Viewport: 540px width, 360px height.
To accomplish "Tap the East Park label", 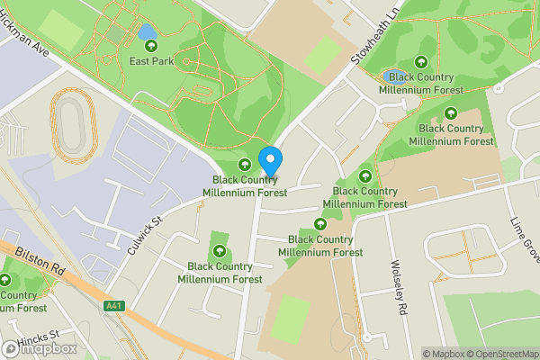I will click(x=149, y=61).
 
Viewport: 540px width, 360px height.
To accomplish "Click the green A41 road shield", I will click(x=112, y=306).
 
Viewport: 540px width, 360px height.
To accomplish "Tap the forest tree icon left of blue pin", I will click(x=244, y=164).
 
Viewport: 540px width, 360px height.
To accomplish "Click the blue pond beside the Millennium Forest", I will click(x=394, y=76).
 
